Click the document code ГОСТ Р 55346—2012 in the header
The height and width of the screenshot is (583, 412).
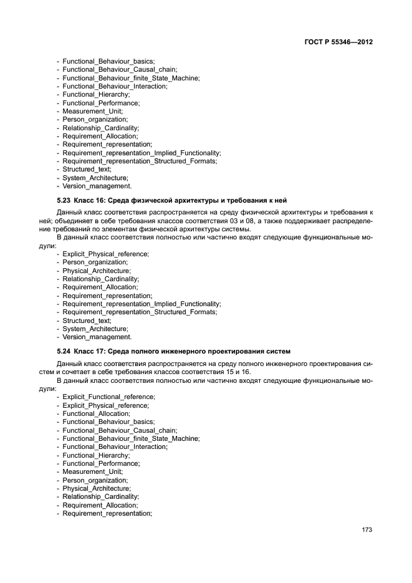(x=337, y=42)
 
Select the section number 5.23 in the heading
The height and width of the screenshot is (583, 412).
(x=65, y=200)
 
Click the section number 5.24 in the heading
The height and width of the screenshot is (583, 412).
(x=65, y=351)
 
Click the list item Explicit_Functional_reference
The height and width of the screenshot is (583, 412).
(x=108, y=397)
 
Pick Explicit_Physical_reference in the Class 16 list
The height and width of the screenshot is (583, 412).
(x=105, y=254)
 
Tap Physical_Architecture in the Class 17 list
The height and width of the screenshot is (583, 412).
(x=97, y=489)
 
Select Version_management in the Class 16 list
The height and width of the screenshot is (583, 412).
(x=97, y=337)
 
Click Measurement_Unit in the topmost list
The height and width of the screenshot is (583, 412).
(x=92, y=111)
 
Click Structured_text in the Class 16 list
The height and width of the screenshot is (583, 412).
(x=87, y=320)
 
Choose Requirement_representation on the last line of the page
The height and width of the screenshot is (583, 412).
(x=107, y=513)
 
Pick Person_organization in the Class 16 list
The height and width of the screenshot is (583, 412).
(x=95, y=263)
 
